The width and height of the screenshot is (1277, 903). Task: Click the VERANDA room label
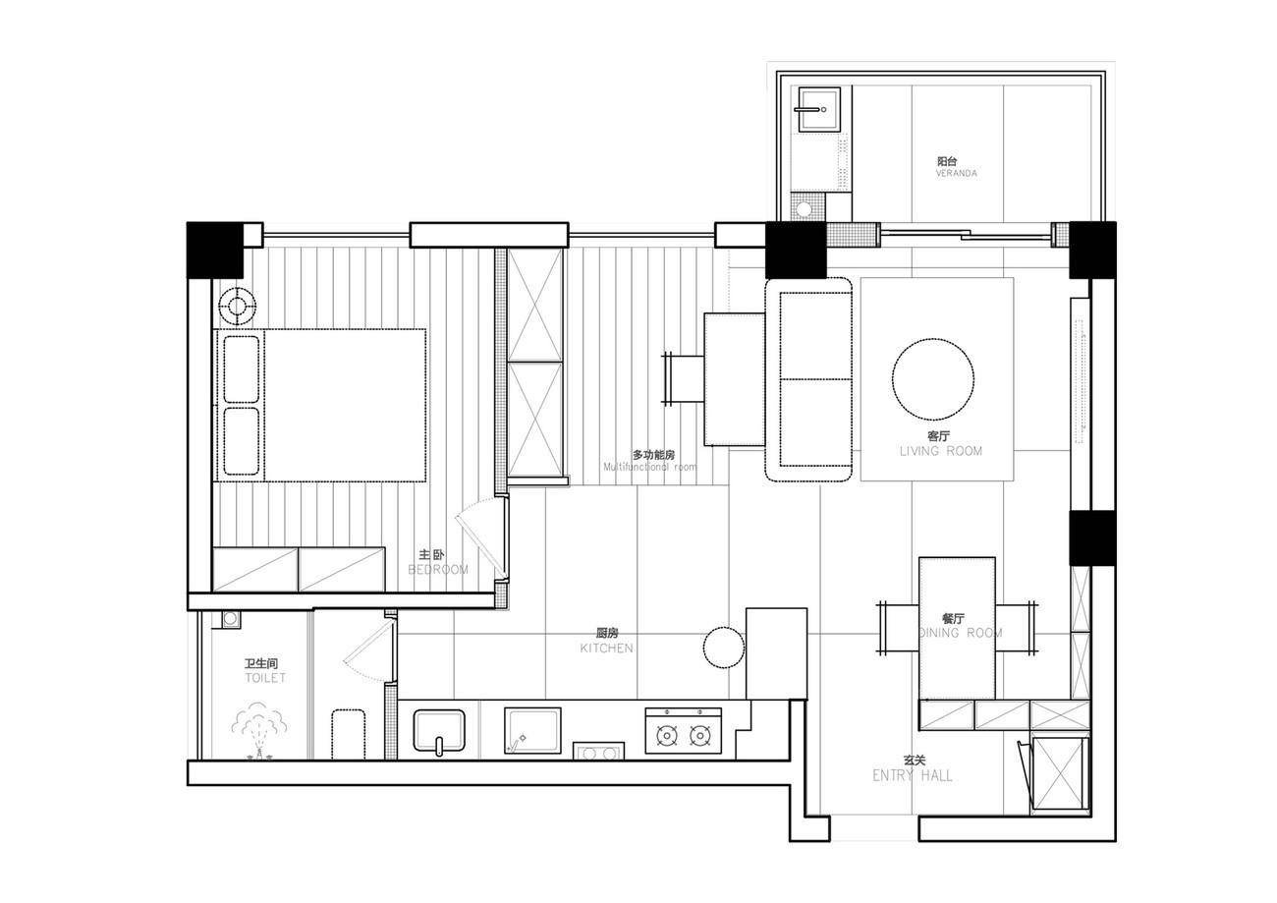pos(956,173)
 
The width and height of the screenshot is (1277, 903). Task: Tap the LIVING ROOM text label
pos(941,451)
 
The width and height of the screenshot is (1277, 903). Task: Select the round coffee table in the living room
pos(932,379)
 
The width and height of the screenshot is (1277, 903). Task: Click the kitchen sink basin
pos(439,730)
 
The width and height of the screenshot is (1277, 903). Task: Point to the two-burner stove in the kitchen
pos(683,731)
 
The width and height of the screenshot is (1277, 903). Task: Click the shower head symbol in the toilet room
pos(259,731)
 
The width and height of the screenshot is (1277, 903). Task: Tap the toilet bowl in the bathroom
pos(348,734)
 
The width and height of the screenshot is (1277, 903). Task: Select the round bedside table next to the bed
pos(237,307)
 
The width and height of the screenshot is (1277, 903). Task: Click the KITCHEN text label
pos(606,649)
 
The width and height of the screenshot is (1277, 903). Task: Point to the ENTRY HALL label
pos(913,775)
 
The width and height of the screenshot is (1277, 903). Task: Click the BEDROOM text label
pos(438,570)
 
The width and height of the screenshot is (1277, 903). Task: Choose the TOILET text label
pos(265,678)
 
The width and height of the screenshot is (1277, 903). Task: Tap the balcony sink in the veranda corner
pos(818,109)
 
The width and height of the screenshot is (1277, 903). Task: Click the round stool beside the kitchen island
pos(724,648)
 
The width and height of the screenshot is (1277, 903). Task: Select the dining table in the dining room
pos(957,628)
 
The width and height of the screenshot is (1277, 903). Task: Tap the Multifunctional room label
pos(650,467)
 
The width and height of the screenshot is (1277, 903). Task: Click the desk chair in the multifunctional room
pos(683,378)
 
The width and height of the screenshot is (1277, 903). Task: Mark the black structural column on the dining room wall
pos(1092,537)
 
